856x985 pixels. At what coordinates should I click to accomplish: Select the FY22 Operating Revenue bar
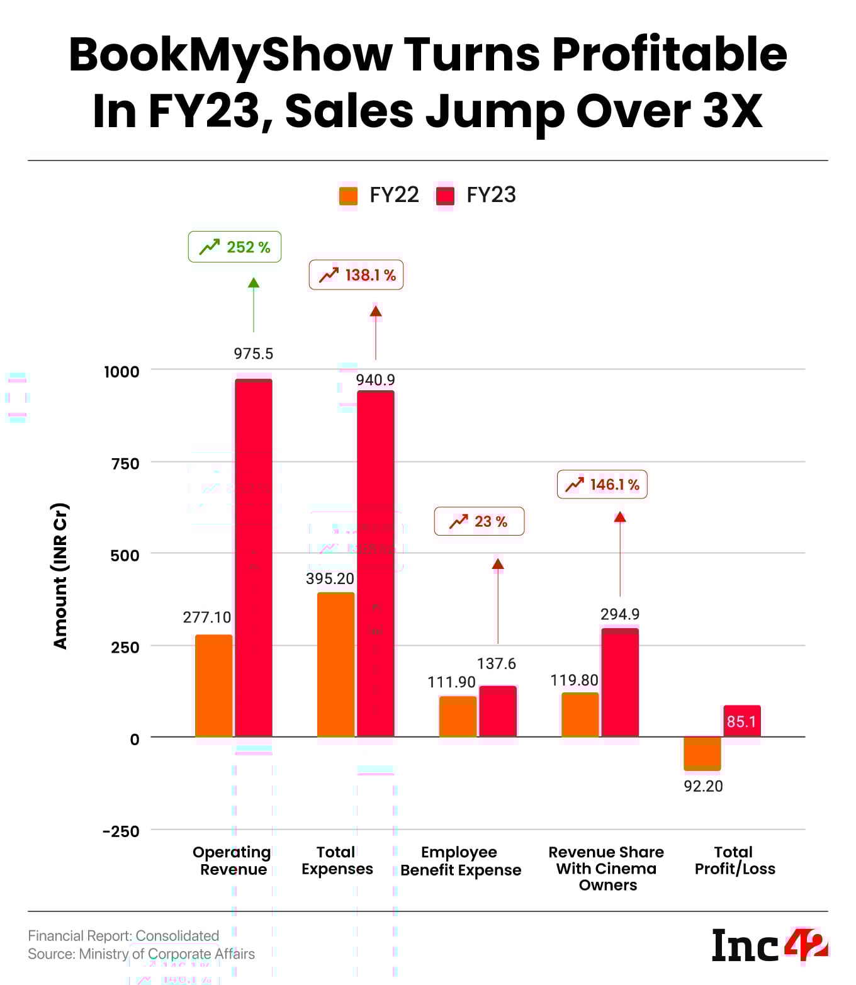pos(214,685)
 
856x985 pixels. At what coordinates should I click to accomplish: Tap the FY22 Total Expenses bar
pos(335,664)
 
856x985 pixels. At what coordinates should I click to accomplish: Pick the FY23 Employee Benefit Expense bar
pos(498,711)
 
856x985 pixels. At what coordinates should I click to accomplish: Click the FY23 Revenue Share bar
pos(620,682)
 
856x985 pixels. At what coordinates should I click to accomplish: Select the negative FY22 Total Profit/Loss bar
pos(702,753)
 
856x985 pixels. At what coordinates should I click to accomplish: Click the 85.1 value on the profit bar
pos(741,721)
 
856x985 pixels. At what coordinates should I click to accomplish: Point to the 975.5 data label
pos(254,354)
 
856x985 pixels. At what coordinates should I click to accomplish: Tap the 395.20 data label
pos(330,578)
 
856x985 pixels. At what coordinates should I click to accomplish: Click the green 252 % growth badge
pos(235,247)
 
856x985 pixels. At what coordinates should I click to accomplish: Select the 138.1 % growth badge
pos(356,275)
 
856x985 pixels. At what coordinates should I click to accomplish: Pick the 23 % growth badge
pos(479,521)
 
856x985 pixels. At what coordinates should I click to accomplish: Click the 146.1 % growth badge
pos(602,485)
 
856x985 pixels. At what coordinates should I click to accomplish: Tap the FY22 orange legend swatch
pos(348,196)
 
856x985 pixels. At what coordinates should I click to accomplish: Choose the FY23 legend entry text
pos(491,195)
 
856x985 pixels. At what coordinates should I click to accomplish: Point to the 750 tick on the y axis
pos(125,464)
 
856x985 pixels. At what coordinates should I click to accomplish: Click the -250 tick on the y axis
pos(121,831)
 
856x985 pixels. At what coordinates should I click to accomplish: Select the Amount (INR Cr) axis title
pos(60,576)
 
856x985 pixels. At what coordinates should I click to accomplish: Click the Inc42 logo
pos(769,945)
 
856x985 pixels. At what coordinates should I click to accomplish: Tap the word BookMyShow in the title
pos(230,55)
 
